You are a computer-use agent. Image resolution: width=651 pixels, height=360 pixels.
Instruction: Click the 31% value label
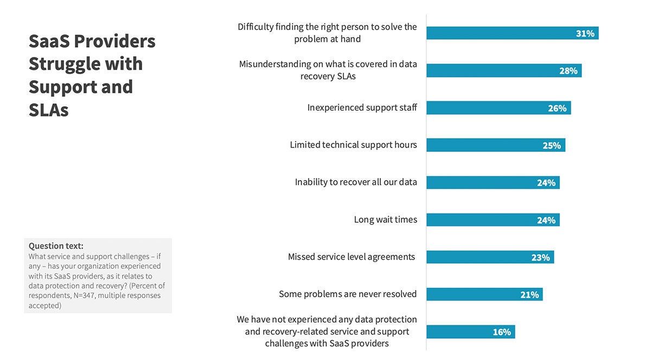tap(585, 34)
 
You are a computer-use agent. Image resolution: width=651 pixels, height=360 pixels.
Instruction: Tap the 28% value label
tap(568, 71)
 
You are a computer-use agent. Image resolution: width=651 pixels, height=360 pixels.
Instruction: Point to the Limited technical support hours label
tap(353, 145)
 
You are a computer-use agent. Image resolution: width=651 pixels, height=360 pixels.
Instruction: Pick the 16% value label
tap(501, 332)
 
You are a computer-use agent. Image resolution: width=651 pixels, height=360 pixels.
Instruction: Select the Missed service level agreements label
tap(351, 256)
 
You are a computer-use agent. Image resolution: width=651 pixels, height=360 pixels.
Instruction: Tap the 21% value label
tap(529, 295)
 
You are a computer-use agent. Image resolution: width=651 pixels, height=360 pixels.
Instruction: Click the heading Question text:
tap(56, 246)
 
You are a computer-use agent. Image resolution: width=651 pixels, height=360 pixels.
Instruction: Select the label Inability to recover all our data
tap(356, 182)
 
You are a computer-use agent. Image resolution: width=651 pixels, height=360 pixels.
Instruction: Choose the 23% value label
tap(540, 258)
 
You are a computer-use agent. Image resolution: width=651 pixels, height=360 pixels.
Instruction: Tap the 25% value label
tap(552, 145)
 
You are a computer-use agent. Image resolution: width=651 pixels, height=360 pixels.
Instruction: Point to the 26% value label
tap(557, 108)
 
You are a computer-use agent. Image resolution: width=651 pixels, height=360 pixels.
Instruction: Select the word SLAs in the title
tap(49, 110)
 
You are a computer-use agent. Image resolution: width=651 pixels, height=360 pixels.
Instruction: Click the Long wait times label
tap(385, 220)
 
